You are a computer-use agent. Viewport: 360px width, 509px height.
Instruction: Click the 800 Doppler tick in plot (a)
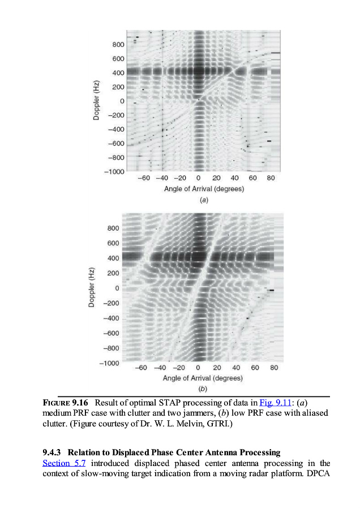(118, 45)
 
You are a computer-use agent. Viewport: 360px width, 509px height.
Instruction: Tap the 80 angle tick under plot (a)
(271, 178)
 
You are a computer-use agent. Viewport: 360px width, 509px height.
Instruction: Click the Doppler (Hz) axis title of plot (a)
(97, 100)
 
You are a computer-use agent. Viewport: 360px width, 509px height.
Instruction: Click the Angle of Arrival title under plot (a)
(204, 189)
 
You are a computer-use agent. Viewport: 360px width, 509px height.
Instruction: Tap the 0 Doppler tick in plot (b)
(117, 288)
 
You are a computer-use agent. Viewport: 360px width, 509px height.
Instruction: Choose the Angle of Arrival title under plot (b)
(203, 378)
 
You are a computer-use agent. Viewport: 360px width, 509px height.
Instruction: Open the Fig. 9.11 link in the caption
(275, 403)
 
